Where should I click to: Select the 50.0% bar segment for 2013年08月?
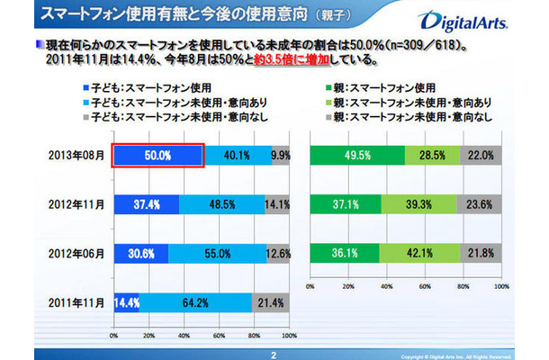157,154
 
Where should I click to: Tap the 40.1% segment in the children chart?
237,154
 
